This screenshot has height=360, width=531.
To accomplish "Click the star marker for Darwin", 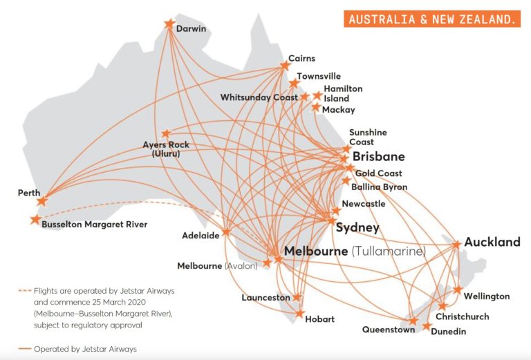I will pos(169,24).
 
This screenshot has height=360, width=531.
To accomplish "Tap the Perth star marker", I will pos(42,201).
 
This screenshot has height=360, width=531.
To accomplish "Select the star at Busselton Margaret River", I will pos(35,220).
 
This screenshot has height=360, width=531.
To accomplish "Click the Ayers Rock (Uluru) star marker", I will pos(166,134).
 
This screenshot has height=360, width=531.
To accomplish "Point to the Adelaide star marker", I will pos(226,232).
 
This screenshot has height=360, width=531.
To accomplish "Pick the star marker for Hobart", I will pos(299,314).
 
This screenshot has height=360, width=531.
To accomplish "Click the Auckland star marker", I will pos(456,245).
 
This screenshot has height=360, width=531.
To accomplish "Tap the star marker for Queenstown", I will pos(413,321).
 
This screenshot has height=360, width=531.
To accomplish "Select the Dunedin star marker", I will pos(427,325).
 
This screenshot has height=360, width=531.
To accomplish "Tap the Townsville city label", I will pos(319,76).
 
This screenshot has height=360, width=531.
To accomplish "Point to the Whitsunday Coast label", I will pos(259,97).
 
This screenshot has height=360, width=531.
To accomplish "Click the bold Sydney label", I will pos(357,228).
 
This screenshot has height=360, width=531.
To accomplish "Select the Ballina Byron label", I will pos(380,187).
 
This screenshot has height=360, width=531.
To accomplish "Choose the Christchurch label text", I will pos(462,316).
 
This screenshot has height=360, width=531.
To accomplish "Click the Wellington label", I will pos(487,296).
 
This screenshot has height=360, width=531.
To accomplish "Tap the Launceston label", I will pos(265,298).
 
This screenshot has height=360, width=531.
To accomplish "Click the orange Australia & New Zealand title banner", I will pos(432,19).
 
